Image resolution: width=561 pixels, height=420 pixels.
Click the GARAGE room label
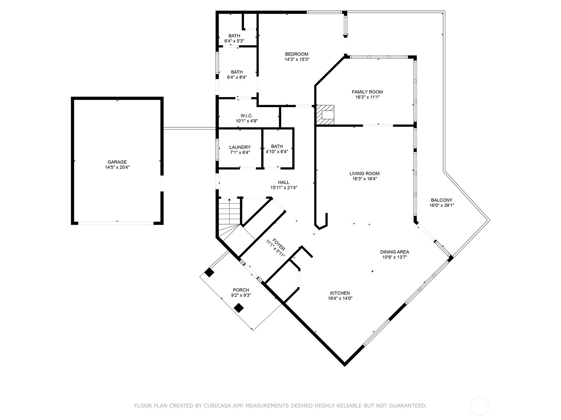[117, 162]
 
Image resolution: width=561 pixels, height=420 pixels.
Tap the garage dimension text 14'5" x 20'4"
[117, 167]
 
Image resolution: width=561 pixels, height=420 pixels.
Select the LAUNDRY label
[240, 147]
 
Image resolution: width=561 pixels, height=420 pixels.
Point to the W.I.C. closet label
[246, 116]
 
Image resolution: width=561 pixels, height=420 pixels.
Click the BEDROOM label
[297, 54]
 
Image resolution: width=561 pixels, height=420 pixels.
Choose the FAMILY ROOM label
[367, 92]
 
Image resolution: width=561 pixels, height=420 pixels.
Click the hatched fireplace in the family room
[325, 115]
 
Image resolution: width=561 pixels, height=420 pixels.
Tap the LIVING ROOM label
[364, 174]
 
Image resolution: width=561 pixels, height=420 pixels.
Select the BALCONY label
[442, 200]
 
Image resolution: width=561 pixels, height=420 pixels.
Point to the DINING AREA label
[394, 252]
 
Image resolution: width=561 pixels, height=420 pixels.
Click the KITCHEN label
[340, 293]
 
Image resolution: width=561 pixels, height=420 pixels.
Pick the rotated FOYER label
[279, 245]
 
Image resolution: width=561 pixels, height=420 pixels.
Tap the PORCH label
[241, 290]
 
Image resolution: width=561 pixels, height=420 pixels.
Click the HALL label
[284, 182]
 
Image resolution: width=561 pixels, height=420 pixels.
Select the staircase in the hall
[230, 219]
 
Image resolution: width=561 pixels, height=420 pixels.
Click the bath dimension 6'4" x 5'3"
[234, 41]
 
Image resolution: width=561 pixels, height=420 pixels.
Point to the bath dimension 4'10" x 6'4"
[277, 152]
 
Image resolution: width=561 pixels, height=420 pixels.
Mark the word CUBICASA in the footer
[216, 405]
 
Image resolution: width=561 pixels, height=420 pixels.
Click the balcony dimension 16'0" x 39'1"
[442, 205]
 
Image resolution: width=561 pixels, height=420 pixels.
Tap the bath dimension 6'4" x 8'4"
[237, 77]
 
